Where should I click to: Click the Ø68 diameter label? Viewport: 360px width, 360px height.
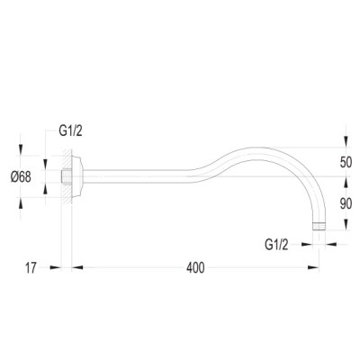(x=21, y=177)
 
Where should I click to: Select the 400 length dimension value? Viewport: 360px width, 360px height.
(x=195, y=268)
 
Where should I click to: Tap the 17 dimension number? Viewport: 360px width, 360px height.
(x=31, y=268)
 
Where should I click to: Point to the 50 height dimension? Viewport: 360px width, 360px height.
(x=346, y=162)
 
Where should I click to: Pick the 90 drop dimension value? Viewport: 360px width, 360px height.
(x=346, y=204)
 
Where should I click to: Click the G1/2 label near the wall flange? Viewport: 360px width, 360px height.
(x=70, y=131)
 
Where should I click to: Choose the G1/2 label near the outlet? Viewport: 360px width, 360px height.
(x=276, y=245)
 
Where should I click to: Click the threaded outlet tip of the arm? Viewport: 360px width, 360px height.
(x=319, y=226)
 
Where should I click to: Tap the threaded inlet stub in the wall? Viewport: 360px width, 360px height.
(x=66, y=176)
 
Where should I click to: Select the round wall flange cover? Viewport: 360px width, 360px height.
(x=76, y=176)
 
